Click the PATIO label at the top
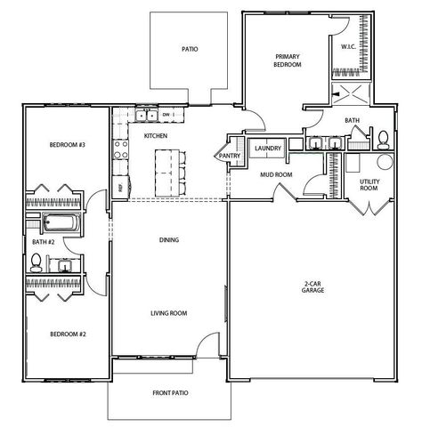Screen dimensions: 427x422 coord(190,51)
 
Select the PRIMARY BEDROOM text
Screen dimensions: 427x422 coord(287,61)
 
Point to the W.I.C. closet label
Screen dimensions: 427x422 coord(349,45)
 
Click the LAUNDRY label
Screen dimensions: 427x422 coord(268,149)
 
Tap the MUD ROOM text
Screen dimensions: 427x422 coord(277,175)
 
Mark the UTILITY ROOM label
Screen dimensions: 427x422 coord(369,186)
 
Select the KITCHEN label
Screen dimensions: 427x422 coord(156,136)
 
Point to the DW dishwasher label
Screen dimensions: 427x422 coord(166,116)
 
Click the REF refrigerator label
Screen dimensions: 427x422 coord(120,188)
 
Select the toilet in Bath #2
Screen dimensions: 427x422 coord(37,261)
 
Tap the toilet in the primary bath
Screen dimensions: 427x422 coord(381,140)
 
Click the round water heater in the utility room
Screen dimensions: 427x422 coord(384,162)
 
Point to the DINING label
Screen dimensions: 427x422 coord(169,240)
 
